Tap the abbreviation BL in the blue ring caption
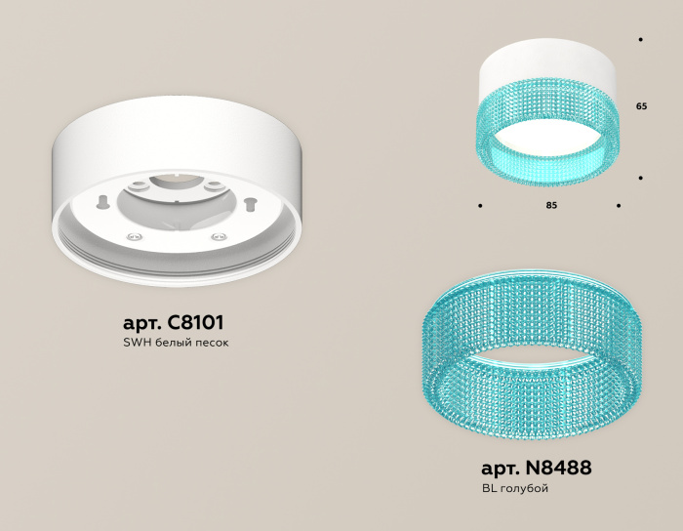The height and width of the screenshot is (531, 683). (x=490, y=488)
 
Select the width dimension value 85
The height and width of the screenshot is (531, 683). (x=551, y=206)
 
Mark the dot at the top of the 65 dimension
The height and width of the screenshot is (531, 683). (x=640, y=40)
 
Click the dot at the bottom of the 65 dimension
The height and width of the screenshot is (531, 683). (x=640, y=178)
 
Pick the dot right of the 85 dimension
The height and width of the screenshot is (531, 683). (x=619, y=206)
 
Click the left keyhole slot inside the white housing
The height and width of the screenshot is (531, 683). (x=101, y=201)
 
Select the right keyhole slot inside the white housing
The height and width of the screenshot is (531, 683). (x=250, y=203)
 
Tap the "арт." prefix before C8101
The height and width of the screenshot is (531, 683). (x=144, y=322)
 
